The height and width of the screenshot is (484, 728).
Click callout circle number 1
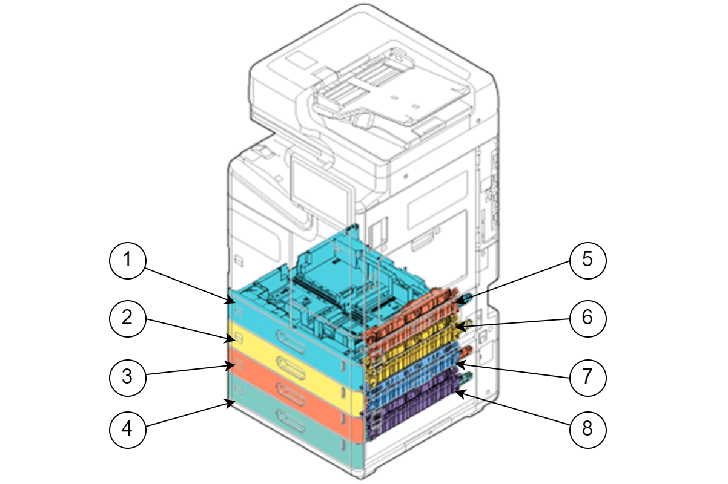(x=127, y=260)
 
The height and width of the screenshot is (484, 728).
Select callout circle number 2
(x=127, y=318)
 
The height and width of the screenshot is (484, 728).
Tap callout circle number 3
(x=127, y=376)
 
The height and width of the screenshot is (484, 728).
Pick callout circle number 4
(x=127, y=428)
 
